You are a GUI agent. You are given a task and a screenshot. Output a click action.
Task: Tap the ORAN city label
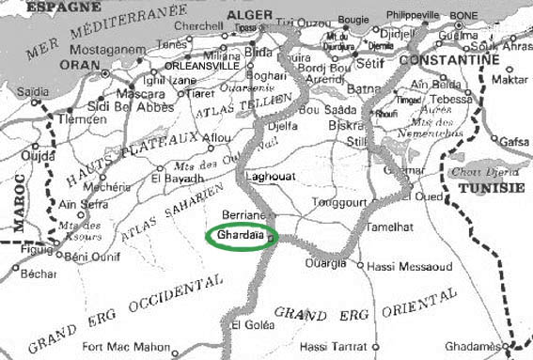[x=82, y=64]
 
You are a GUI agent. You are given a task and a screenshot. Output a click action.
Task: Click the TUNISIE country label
[x=491, y=188]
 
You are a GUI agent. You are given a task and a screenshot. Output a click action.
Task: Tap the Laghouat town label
[x=270, y=176]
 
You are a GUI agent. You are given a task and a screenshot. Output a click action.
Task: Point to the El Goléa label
[x=252, y=325]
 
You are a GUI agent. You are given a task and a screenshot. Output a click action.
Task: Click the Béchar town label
[x=39, y=274]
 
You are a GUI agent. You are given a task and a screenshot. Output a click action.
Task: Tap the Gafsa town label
[x=514, y=141]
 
